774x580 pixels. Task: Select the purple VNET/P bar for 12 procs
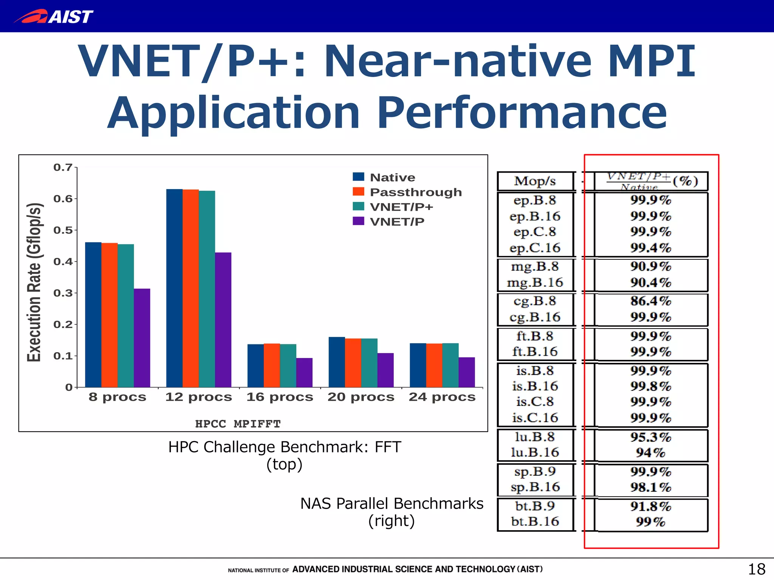(x=223, y=319)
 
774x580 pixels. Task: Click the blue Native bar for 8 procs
(x=93, y=314)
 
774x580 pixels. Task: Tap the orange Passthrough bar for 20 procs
(x=353, y=362)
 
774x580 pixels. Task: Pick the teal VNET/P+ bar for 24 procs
(x=450, y=365)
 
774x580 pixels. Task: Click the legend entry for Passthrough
(x=415, y=192)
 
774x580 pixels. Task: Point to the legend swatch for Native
(x=358, y=177)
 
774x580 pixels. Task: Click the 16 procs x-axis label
(x=280, y=397)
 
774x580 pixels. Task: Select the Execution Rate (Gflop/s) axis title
(x=34, y=282)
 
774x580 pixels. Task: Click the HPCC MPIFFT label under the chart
(x=238, y=424)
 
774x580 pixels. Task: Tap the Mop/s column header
(x=535, y=181)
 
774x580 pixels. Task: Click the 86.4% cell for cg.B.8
(x=650, y=301)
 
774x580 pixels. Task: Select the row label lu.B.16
(x=535, y=452)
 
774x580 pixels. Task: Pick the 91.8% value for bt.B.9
(x=650, y=506)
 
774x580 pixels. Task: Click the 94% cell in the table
(x=650, y=452)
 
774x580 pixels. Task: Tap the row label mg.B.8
(x=535, y=267)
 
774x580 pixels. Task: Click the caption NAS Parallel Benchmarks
(x=392, y=503)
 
